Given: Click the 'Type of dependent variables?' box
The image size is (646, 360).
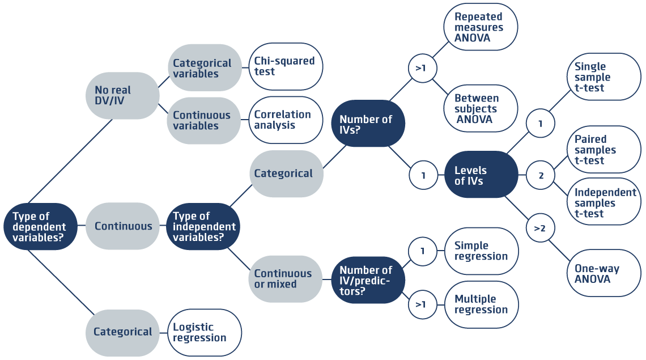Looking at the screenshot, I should [40, 227].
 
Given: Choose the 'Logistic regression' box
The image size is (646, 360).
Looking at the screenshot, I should [205, 332].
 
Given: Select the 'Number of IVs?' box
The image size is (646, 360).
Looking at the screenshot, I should [368, 124].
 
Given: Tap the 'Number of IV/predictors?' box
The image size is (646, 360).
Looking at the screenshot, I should [368, 280].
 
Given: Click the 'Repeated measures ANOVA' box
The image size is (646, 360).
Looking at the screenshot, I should [481, 27].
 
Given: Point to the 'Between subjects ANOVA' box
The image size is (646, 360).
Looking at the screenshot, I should [481, 109].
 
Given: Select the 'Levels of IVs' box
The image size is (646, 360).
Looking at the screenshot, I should [481, 175].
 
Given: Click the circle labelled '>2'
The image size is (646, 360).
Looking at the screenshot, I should [540, 228].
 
